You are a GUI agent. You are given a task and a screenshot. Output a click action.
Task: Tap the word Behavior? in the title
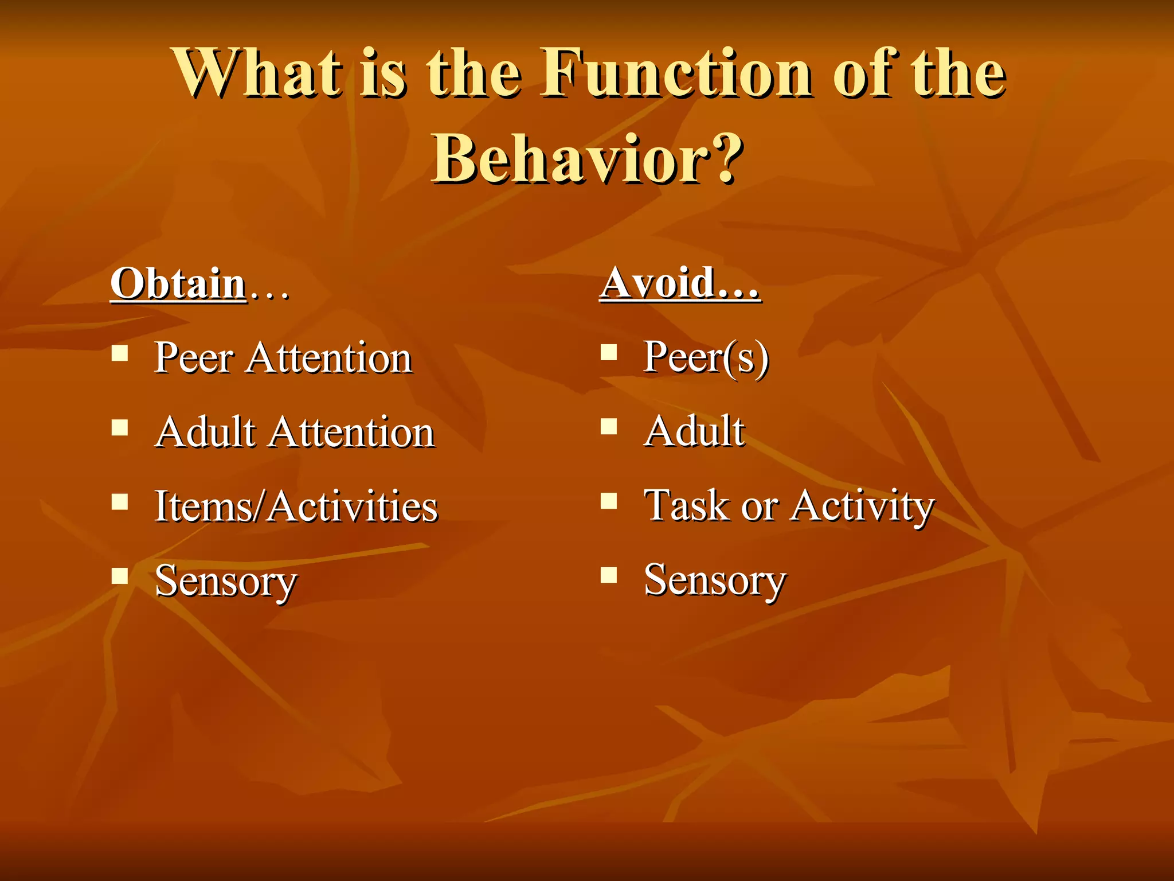(x=588, y=159)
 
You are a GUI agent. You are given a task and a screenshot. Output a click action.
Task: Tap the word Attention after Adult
(x=352, y=432)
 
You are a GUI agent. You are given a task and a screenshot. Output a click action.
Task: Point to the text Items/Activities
(x=296, y=506)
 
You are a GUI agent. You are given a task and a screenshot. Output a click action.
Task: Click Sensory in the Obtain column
(x=226, y=581)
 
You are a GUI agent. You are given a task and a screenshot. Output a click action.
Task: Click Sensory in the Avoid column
(x=715, y=580)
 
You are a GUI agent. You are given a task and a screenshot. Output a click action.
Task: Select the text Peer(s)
(x=706, y=357)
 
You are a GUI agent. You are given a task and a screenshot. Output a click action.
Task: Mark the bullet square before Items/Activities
(x=120, y=501)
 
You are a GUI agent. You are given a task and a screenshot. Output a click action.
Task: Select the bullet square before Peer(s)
(x=609, y=352)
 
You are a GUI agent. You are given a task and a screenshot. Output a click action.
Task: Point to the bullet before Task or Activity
(x=609, y=501)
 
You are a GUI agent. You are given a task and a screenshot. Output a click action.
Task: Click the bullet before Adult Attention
(x=120, y=427)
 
